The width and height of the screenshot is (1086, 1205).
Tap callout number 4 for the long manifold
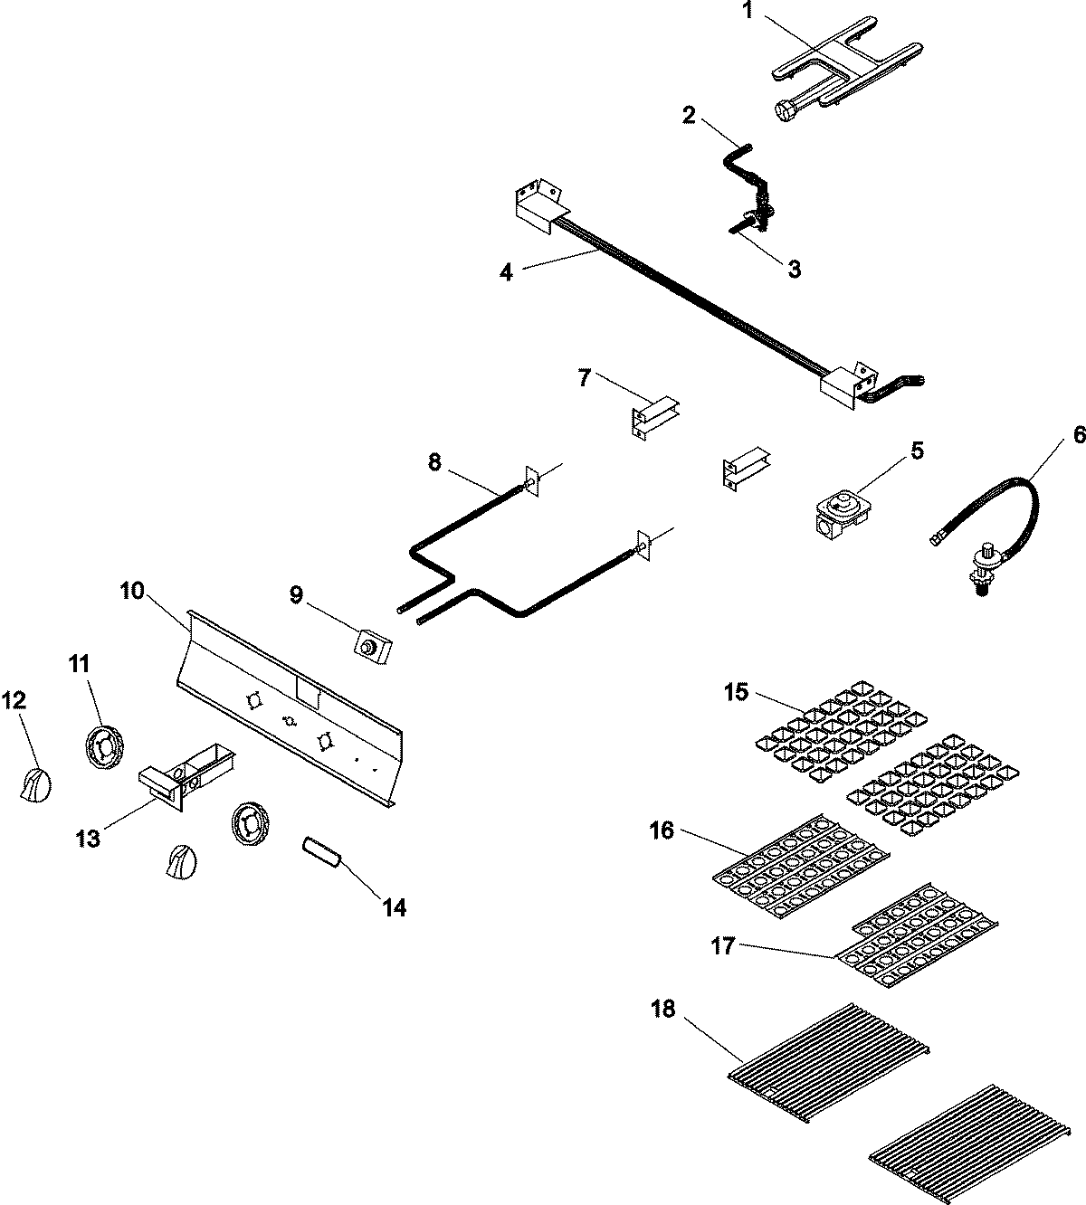point(507,270)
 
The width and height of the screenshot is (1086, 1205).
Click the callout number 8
point(435,436)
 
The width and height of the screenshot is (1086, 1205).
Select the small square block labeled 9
point(371,648)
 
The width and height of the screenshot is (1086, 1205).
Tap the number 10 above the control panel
point(131,591)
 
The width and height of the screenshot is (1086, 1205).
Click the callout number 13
point(87,839)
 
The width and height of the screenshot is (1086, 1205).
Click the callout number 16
point(662,830)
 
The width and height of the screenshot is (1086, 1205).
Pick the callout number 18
point(663,1009)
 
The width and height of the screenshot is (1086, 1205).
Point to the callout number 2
point(689,115)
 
